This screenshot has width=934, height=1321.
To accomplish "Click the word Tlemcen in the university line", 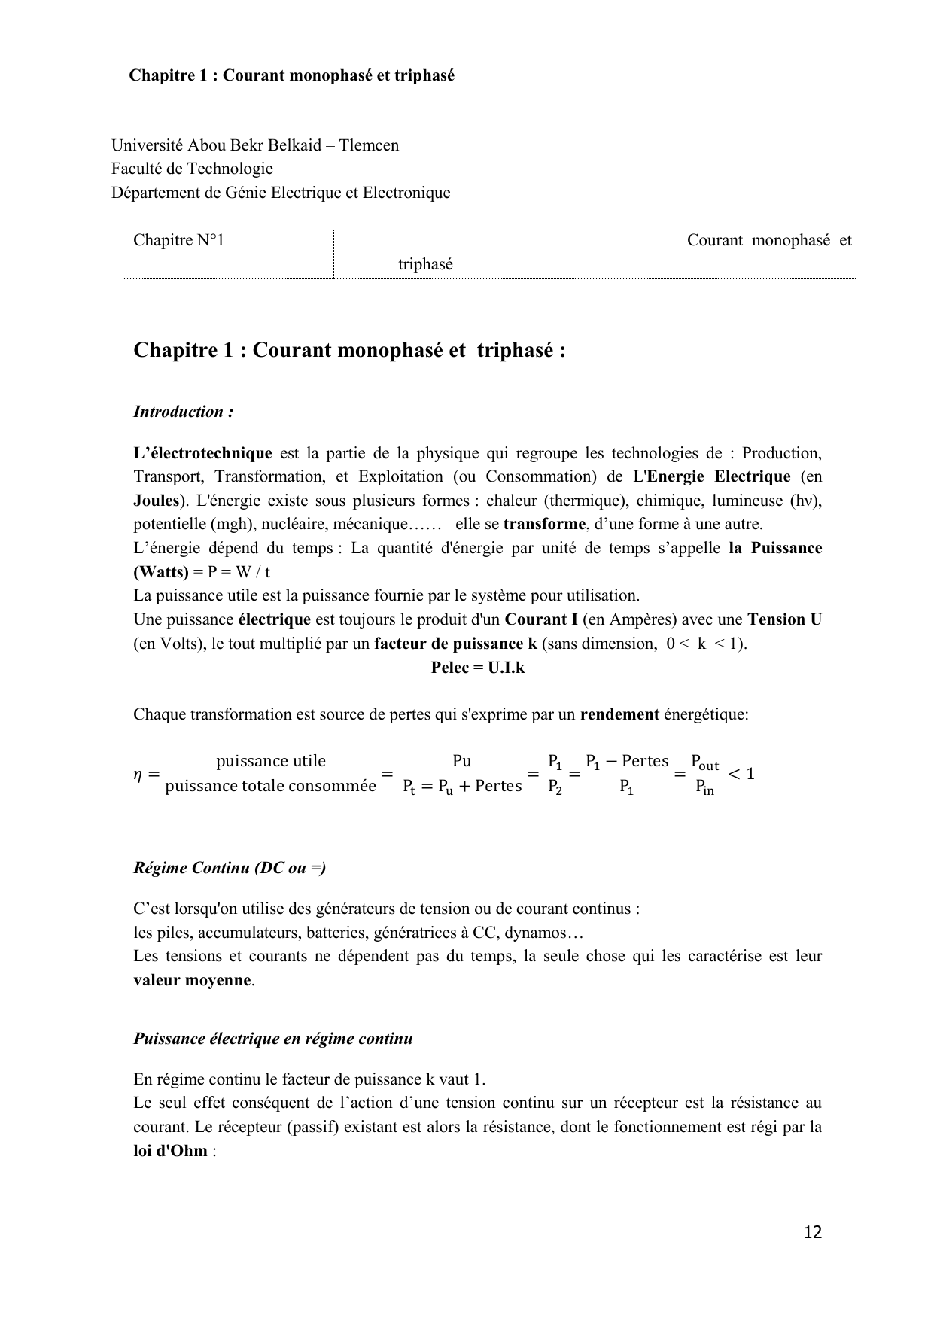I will tap(369, 145).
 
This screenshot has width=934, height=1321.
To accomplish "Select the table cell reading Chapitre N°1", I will tap(179, 240).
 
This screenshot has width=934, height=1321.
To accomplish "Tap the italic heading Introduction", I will tap(183, 412).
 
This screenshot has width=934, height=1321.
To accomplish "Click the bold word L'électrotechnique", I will tap(202, 453).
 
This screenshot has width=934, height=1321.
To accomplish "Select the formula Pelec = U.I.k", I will tap(478, 667).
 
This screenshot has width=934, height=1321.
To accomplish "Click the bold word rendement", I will tap(619, 714).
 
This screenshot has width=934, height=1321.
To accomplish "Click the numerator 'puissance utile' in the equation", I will tap(271, 761).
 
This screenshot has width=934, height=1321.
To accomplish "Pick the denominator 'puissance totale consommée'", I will tap(271, 786).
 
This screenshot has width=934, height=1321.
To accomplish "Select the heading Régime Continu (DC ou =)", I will tap(230, 868).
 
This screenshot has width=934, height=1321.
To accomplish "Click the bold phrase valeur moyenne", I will tap(193, 980).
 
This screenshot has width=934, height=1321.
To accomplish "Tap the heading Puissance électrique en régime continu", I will tap(273, 1039).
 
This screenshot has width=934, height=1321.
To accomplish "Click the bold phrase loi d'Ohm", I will tap(170, 1151).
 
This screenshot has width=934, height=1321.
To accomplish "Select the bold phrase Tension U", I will tap(784, 619).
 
